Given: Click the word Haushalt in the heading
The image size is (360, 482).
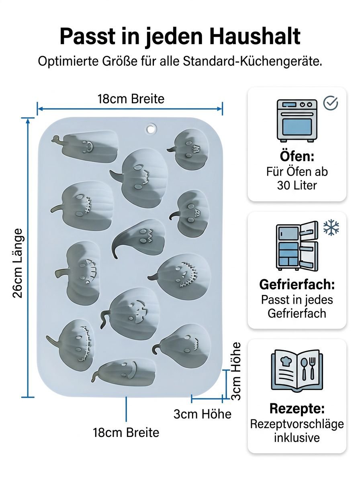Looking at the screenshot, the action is pyautogui.click(x=255, y=36).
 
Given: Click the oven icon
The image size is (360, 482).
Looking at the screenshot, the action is pyautogui.click(x=297, y=120).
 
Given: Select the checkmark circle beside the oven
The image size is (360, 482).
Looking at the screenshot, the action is pyautogui.click(x=330, y=103).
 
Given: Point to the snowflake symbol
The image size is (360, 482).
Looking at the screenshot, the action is pyautogui.click(x=331, y=227).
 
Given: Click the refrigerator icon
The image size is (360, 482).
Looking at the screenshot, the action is pyautogui.click(x=297, y=246).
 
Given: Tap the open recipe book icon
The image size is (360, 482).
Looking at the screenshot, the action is pyautogui.click(x=297, y=370).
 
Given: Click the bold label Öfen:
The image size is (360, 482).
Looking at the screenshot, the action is pyautogui.click(x=297, y=156).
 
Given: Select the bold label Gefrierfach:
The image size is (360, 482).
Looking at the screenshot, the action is pyautogui.click(x=297, y=285).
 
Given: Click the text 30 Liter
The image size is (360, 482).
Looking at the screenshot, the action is pyautogui.click(x=297, y=185).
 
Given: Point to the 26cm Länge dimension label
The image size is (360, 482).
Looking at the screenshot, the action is pyautogui.click(x=18, y=263).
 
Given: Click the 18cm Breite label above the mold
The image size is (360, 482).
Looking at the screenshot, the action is pyautogui.click(x=131, y=99).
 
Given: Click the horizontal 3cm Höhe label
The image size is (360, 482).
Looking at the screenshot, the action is pyautogui.click(x=202, y=414).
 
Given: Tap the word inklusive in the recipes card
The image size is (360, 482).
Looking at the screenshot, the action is pyautogui.click(x=297, y=438).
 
